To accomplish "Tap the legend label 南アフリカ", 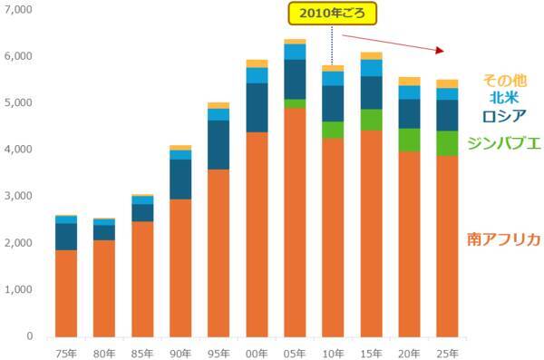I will click(503, 239).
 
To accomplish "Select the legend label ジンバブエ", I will click(503, 142).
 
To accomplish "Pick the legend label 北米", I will click(504, 96).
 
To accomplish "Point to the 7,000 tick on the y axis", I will click(19, 9).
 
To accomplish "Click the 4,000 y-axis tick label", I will click(19, 150).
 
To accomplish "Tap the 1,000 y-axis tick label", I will click(19, 289).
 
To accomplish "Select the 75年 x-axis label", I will click(65, 352).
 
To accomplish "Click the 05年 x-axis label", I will click(294, 352).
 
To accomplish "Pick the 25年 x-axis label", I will click(447, 352).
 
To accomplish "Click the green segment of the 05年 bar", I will click(295, 103).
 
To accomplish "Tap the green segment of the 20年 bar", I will click(409, 140).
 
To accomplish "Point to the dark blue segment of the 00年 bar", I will click(257, 108).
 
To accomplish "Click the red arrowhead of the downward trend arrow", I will click(442, 51).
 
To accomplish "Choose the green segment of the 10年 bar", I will click(333, 130).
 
